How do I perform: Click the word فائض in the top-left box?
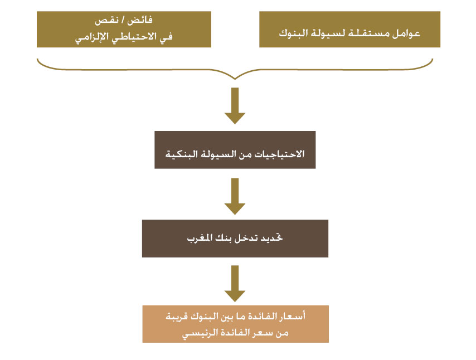pyautogui.click(x=140, y=21)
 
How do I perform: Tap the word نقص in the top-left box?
pyautogui.click(x=106, y=21)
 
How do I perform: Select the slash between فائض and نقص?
pyautogui.click(x=123, y=20)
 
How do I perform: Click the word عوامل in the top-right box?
pyautogui.click(x=406, y=33)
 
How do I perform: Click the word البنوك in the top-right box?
pyautogui.click(x=293, y=33)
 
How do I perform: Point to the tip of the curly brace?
pyautogui.click(x=235, y=79)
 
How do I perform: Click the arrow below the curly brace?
pyautogui.click(x=235, y=106)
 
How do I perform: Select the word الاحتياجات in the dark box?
pyautogui.click(x=279, y=154)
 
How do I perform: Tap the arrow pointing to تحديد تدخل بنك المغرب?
pyautogui.click(x=235, y=196)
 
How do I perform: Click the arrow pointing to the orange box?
pyautogui.click(x=235, y=284)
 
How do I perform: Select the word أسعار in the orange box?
pyautogui.click(x=292, y=317)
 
